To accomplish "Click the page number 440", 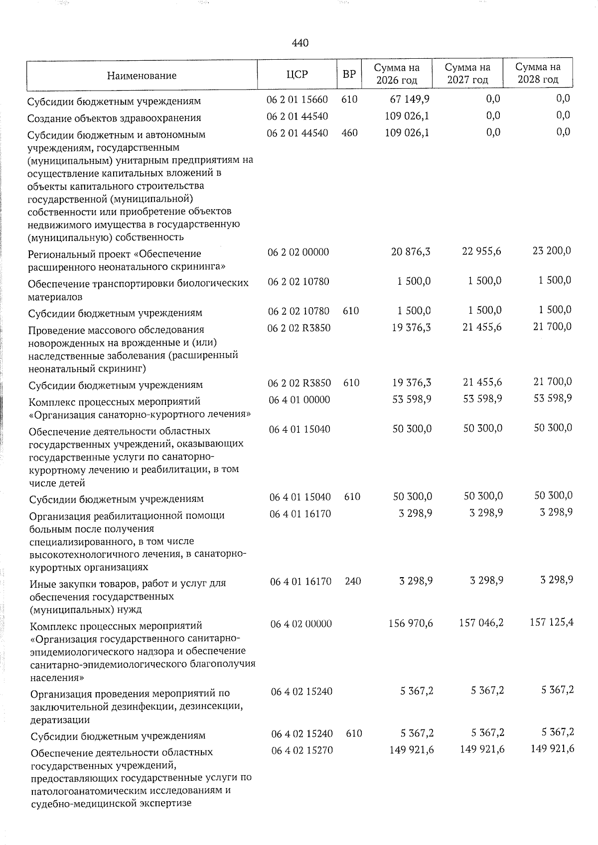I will [x=300, y=43].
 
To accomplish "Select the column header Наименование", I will [x=142, y=76].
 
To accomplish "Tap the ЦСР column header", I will [x=298, y=74].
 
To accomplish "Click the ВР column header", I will [x=349, y=74].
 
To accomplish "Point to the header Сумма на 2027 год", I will [x=467, y=73].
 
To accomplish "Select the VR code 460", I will [x=350, y=132].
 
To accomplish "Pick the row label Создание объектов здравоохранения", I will [x=115, y=118].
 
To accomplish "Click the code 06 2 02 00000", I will [x=298, y=252].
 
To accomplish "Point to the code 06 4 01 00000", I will [x=299, y=399].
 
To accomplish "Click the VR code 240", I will [x=353, y=581].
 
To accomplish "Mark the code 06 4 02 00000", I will [x=301, y=623].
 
